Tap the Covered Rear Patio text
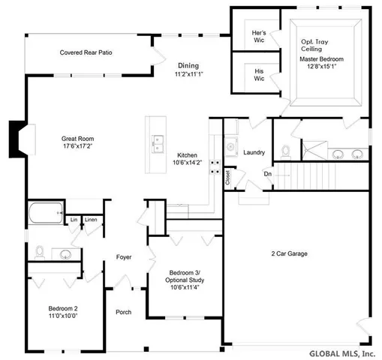coord(86,52)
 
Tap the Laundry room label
coord(254,152)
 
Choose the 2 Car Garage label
coord(289,253)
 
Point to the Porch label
coord(124,312)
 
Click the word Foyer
coord(124,257)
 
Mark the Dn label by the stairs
coord(267,174)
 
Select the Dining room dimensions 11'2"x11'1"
coord(189,75)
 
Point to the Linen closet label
coord(90,220)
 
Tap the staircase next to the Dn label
coord(304,178)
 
